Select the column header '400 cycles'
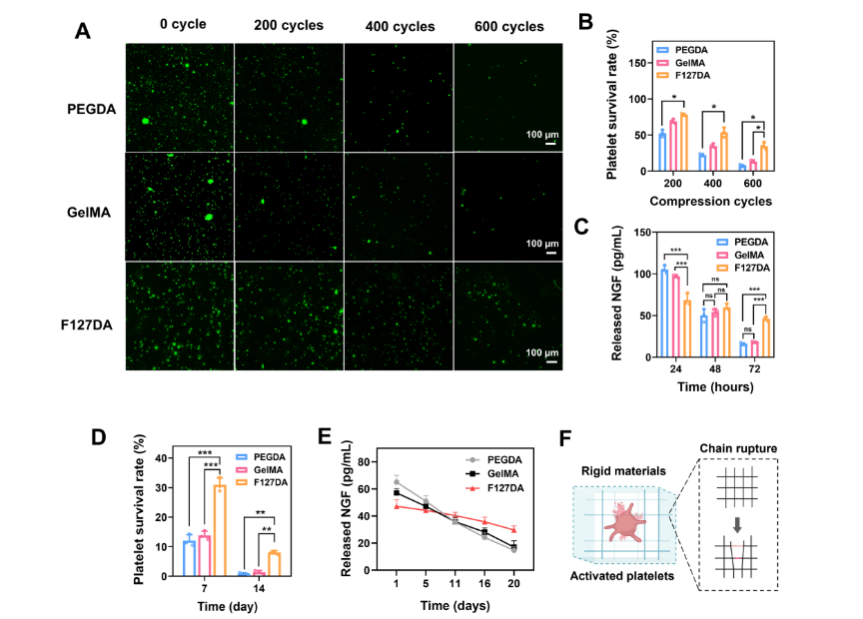coord(398,25)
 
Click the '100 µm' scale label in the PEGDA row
coord(538,133)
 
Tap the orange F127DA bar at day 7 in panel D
coord(220,529)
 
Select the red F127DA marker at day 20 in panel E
coord(513,529)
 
